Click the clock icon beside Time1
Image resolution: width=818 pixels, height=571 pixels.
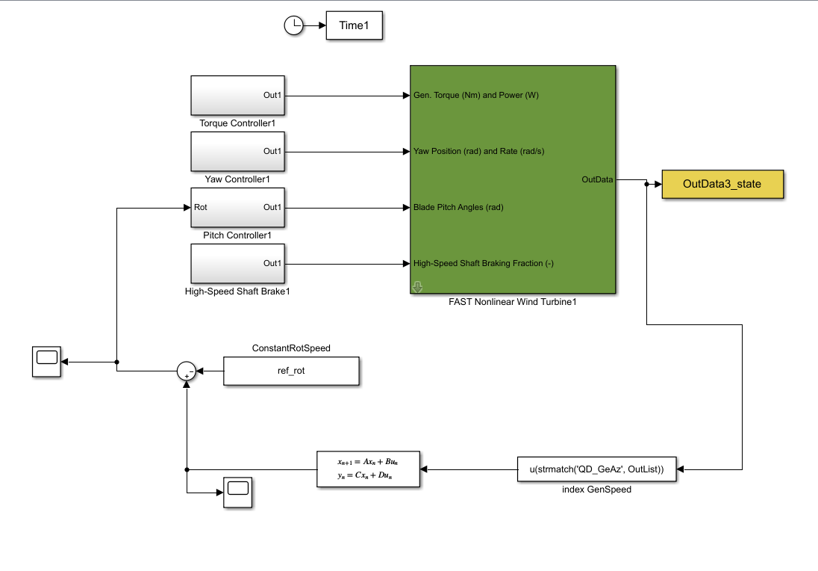[x=295, y=26]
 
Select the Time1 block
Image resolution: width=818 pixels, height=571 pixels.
[x=355, y=26]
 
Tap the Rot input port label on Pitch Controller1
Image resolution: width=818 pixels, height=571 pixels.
[x=201, y=207]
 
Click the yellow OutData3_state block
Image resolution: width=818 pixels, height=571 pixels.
[x=722, y=184]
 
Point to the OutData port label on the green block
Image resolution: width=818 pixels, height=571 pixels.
[x=597, y=179]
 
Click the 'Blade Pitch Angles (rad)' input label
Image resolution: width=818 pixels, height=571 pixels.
[x=458, y=207]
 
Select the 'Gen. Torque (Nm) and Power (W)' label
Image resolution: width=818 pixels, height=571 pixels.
[x=475, y=96]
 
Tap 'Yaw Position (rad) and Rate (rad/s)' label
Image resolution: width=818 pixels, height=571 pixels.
[x=478, y=152]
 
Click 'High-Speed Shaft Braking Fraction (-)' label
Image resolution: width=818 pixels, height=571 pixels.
[x=483, y=263]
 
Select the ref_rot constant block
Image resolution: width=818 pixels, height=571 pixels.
[x=292, y=371]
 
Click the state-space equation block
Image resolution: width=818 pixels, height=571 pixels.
[x=368, y=469]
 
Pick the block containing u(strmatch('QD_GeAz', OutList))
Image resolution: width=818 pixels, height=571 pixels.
[x=597, y=469]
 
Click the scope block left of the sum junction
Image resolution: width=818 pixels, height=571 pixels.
[x=47, y=362]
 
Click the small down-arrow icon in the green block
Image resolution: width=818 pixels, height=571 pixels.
[x=418, y=287]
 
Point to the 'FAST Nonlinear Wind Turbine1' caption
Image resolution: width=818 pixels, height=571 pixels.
[x=513, y=303]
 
